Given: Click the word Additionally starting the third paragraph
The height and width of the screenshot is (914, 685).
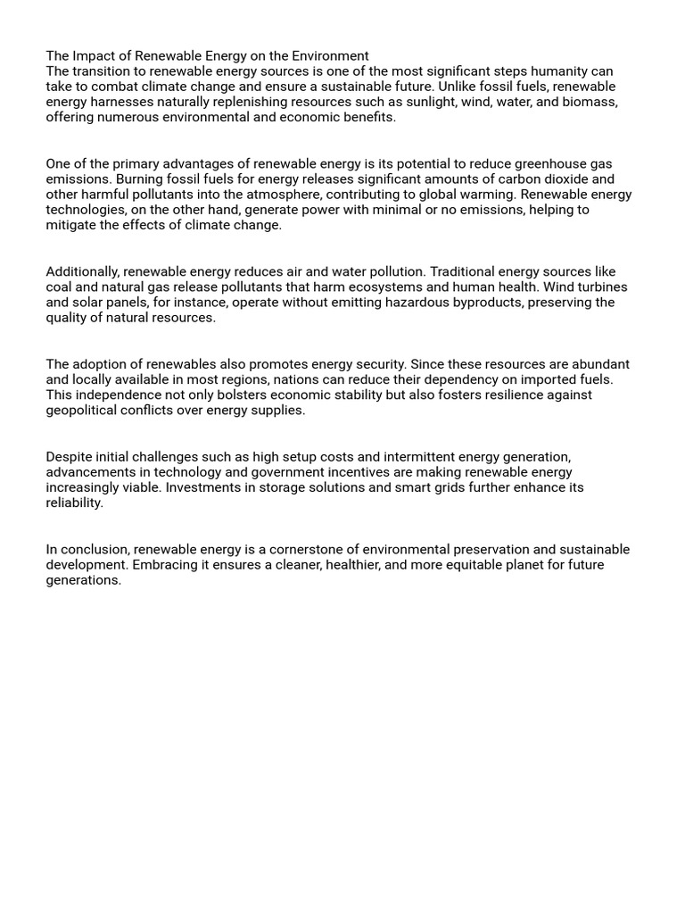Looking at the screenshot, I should point(82,271).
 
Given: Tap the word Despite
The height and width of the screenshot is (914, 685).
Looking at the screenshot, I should point(69,456).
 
